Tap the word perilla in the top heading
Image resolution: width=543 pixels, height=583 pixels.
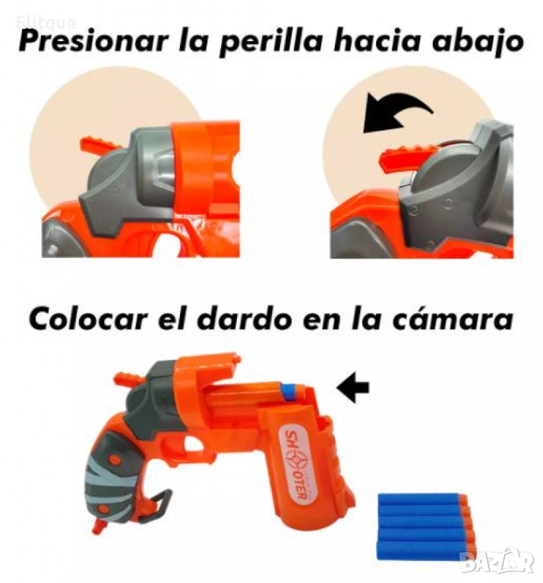[270, 42]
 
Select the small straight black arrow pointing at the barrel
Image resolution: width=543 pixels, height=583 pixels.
[352, 388]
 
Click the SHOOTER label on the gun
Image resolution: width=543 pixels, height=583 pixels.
[296, 465]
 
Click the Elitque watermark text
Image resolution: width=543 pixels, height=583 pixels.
[46, 23]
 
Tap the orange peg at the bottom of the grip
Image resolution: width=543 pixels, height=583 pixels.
[99, 526]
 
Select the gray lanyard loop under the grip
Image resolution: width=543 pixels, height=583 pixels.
[160, 501]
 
